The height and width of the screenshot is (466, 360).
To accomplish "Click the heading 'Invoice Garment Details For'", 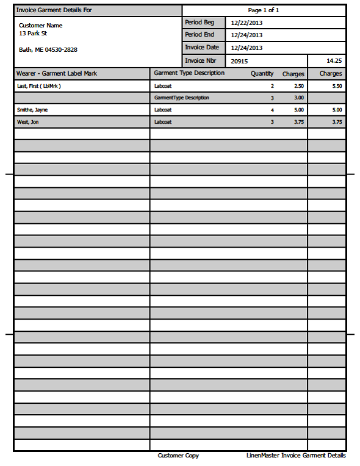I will tap(54, 10).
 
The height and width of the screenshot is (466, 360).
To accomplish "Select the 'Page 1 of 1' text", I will tap(264, 10).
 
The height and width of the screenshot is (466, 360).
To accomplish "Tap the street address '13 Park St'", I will tap(33, 34).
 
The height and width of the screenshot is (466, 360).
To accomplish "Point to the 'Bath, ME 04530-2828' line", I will tap(48, 49).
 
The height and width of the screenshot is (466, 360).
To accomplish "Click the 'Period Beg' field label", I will tap(200, 23).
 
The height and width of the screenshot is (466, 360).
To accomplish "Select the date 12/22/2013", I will tap(247, 23).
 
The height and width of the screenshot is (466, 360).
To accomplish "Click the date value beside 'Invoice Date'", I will tap(247, 48).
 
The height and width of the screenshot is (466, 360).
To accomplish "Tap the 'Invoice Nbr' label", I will tap(201, 60).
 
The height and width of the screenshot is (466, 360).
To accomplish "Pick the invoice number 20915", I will tap(240, 61).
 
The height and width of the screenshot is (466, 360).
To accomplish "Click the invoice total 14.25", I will tap(334, 61).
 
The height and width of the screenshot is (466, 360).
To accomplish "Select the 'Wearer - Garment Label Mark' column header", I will tap(57, 73).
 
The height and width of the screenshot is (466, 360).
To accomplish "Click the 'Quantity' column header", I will tap(262, 74).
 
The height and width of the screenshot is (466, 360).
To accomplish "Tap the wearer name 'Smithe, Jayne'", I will tap(33, 110).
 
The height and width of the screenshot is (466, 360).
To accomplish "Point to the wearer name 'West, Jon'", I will tap(29, 122).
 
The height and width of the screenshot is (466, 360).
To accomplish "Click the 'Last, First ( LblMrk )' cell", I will tap(39, 86).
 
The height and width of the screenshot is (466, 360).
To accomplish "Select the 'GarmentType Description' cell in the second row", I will tap(182, 98).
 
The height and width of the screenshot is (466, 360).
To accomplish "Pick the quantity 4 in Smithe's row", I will tap(272, 110).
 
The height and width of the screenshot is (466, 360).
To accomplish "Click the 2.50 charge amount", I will tap(298, 86).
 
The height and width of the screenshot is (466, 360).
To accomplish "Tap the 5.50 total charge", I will tap(337, 86).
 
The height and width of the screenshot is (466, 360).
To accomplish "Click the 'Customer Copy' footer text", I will tap(178, 456).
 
